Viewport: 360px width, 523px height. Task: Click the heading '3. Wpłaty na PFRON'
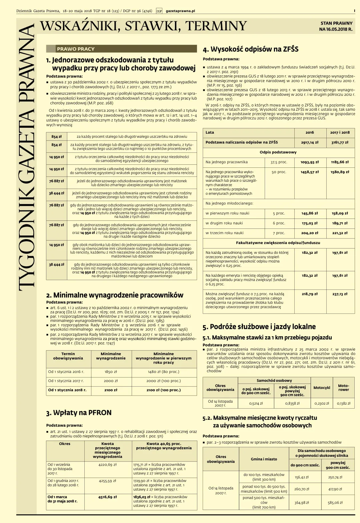pos(79,413)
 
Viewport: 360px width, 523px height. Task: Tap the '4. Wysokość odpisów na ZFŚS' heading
pos(250,49)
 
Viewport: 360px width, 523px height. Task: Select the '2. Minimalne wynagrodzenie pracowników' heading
pos(115,295)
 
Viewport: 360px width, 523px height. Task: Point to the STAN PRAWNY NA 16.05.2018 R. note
pos(336,26)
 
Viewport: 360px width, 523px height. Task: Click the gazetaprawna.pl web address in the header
pos(180,11)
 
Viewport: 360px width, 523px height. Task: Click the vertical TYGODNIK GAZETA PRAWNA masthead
pos(27,157)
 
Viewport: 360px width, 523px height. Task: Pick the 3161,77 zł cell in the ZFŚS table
pos(340,142)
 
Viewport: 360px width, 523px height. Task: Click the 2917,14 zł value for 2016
pos(310,142)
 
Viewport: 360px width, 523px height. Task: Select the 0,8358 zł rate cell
pos(292,403)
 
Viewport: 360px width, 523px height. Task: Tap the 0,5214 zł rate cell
pos(256,403)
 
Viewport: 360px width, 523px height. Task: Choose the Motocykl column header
pos(322,388)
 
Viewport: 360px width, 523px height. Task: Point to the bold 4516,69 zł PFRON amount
pos(107,497)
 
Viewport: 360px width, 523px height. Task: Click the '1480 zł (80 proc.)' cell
pos(163,372)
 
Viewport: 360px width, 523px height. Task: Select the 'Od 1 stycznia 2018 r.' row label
pos(67,390)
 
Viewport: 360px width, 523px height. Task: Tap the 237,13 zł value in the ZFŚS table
pos(340,294)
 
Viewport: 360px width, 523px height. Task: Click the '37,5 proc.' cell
pos(279,162)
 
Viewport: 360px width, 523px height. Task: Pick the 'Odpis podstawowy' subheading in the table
pos(278,152)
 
